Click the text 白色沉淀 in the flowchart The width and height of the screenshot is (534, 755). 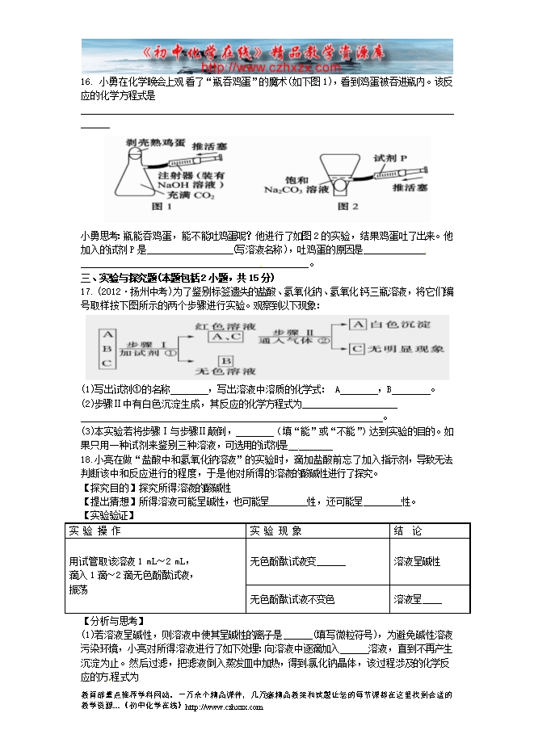(401, 323)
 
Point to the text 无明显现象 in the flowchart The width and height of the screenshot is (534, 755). (407, 350)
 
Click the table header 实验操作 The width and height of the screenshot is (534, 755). (95, 531)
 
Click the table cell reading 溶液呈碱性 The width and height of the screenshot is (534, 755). (417, 561)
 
